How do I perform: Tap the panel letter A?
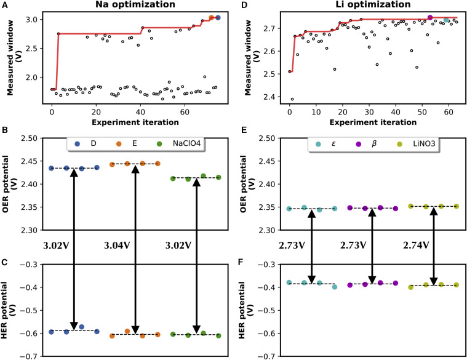point(4,6)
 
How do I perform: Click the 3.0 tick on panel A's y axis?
point(36,20)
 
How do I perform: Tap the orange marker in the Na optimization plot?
point(211,18)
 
